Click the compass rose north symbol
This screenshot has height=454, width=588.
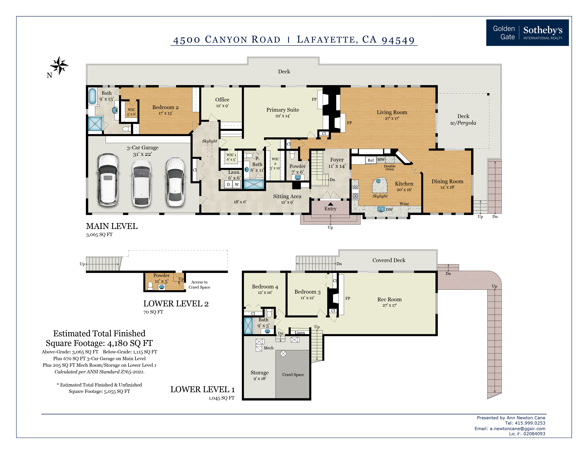(59, 65)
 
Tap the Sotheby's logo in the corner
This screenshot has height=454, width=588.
(527, 33)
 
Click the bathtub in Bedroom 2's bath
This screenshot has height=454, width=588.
(92, 96)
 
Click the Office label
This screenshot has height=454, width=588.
(222, 100)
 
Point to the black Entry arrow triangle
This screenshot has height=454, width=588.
(330, 204)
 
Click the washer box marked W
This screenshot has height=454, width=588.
(237, 184)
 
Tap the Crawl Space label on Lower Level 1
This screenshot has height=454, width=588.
(293, 375)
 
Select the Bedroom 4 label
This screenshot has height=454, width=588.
(265, 287)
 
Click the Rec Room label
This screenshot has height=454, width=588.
(389, 299)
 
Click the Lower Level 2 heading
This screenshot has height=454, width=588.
(176, 304)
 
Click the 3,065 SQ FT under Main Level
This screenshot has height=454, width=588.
(99, 234)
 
